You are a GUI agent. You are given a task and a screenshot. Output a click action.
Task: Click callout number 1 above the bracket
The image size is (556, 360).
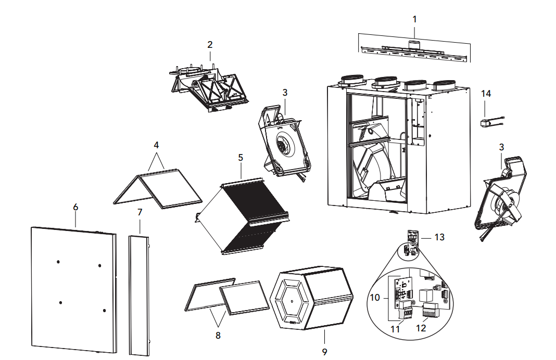(414, 19)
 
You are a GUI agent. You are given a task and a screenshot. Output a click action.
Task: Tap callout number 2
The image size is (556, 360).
(210, 45)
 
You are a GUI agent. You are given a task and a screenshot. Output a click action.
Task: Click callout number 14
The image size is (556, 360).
(486, 94)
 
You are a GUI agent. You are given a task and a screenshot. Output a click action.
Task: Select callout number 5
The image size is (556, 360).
(241, 157)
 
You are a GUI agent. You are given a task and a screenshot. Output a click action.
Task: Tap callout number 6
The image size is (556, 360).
(75, 207)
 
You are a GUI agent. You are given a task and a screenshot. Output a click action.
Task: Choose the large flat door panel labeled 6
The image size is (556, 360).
(73, 289)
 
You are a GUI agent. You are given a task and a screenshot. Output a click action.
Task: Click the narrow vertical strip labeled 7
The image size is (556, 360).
(138, 294)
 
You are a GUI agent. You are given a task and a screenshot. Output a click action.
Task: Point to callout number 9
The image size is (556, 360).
(324, 352)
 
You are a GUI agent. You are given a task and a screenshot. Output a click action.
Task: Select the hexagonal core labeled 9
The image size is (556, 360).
(313, 301)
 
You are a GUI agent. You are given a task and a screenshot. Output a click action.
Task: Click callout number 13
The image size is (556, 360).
(440, 237)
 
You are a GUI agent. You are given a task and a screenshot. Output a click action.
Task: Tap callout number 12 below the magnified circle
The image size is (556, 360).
(422, 329)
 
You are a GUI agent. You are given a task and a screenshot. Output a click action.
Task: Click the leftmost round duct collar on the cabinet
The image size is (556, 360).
(352, 81)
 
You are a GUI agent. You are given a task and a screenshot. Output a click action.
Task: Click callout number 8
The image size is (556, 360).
(218, 336)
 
